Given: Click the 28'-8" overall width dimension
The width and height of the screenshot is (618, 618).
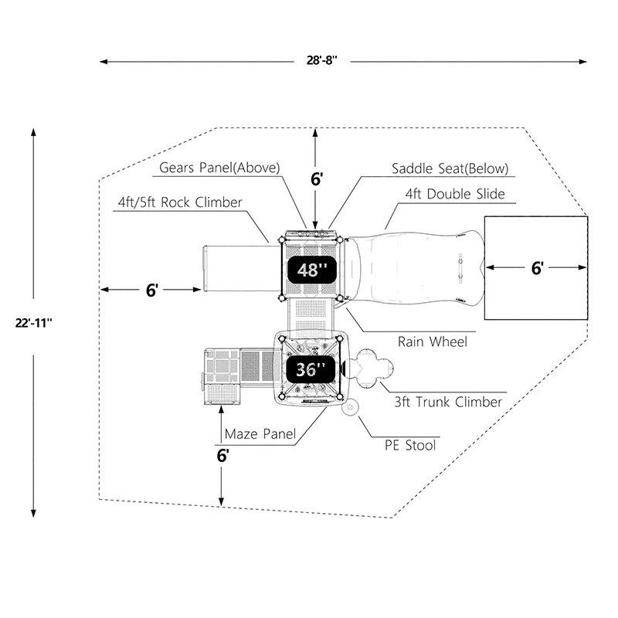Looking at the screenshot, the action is pyautogui.click(x=321, y=60).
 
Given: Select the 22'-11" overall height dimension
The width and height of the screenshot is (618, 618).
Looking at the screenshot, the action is pyautogui.click(x=33, y=323).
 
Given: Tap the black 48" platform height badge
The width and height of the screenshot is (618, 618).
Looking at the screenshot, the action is pyautogui.click(x=312, y=270).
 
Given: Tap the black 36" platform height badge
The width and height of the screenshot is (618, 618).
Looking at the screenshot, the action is pyautogui.click(x=311, y=369).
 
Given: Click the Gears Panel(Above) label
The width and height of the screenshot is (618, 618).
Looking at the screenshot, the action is pyautogui.click(x=219, y=168).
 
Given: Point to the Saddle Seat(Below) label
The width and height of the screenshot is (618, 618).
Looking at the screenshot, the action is pyautogui.click(x=450, y=168).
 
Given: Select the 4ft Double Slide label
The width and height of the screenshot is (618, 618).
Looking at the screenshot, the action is pyautogui.click(x=455, y=194).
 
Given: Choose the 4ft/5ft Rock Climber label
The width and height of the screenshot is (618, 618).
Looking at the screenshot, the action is pyautogui.click(x=180, y=202).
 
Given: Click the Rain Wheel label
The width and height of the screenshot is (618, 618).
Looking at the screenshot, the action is pyautogui.click(x=433, y=341).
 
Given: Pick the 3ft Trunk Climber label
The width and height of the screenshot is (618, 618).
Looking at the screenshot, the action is pyautogui.click(x=448, y=402).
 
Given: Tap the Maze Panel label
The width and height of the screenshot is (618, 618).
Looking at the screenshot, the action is pyautogui.click(x=260, y=434).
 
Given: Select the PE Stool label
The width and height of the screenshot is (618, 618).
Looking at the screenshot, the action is pyautogui.click(x=410, y=446).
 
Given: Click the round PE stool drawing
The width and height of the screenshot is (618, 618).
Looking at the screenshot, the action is pyautogui.click(x=350, y=407).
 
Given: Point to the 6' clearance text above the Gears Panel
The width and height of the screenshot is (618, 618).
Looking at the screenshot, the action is pyautogui.click(x=317, y=179).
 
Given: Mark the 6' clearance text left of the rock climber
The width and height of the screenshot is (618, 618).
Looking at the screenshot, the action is pyautogui.click(x=151, y=290).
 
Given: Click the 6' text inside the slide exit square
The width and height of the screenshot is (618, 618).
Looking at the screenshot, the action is pyautogui.click(x=537, y=268).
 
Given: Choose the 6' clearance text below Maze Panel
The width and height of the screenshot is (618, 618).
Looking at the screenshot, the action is pyautogui.click(x=222, y=456).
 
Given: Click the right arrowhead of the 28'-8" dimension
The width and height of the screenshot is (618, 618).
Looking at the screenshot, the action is pyautogui.click(x=583, y=62).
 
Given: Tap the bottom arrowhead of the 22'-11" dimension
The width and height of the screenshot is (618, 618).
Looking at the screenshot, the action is pyautogui.click(x=33, y=513).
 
